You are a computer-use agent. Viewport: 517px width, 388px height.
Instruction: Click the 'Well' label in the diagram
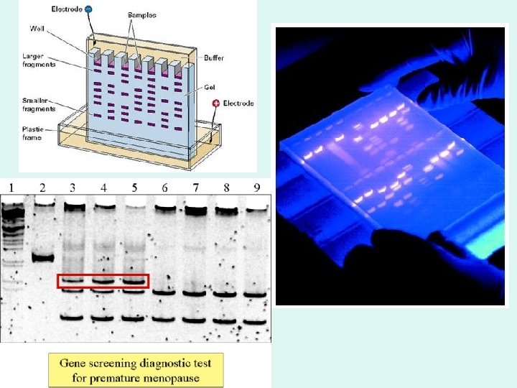pyautogui.click(x=37, y=29)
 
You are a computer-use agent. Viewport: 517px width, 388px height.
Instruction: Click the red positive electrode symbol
pyautogui.click(x=215, y=103)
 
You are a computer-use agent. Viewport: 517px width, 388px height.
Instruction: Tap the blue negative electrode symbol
pyautogui.click(x=88, y=9)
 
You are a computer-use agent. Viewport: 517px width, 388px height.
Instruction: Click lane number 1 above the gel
pyautogui.click(x=11, y=188)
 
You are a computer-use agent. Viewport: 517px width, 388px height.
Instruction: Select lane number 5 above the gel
pyautogui.click(x=134, y=188)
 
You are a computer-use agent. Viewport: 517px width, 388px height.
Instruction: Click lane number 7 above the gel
pyautogui.click(x=195, y=188)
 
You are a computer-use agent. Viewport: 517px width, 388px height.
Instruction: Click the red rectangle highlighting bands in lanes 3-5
pyautogui.click(x=103, y=281)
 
